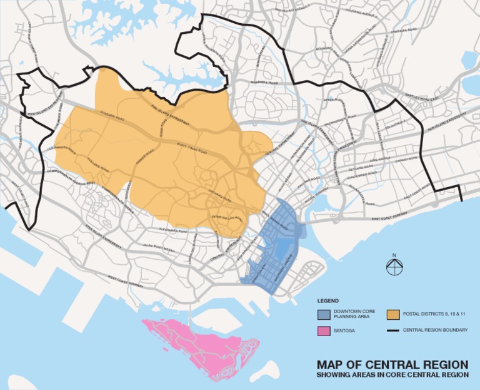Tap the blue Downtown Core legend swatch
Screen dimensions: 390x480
[324, 314]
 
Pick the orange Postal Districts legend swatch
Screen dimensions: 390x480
[393, 314]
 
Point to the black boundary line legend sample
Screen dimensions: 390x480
[393, 330]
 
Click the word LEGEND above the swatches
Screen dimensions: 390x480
[327, 300]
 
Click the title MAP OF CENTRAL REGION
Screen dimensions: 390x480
[392, 364]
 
